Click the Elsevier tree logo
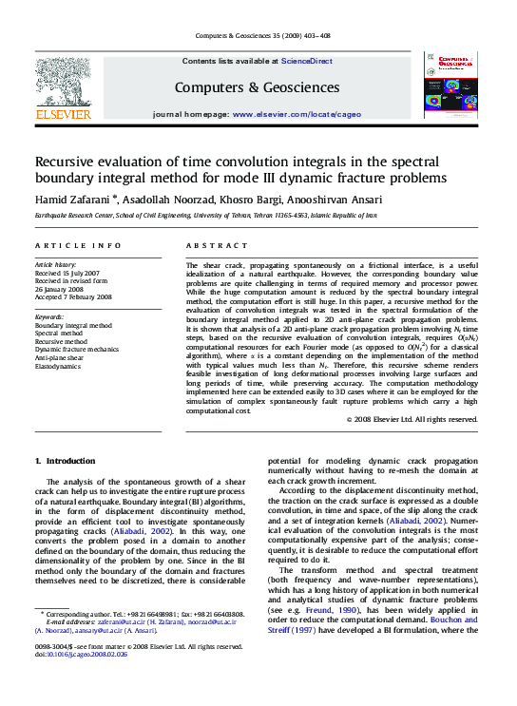click(x=63, y=82)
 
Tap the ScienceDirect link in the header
click(x=306, y=61)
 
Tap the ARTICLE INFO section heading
click(x=78, y=245)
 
